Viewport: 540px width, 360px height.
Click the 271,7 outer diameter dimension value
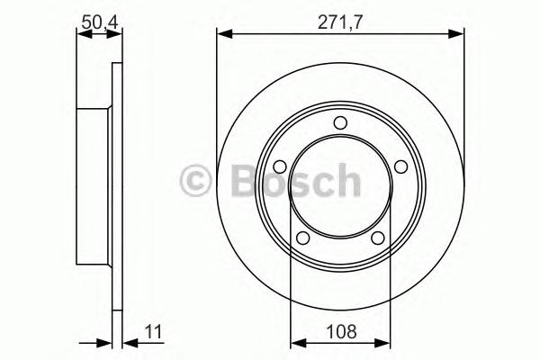(340, 19)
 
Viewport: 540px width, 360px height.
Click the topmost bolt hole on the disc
(340, 124)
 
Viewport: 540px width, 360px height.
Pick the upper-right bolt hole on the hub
(400, 166)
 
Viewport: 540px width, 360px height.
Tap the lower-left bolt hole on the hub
(303, 238)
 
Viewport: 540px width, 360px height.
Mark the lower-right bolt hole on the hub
(378, 238)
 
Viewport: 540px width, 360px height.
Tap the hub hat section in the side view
(94, 181)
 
